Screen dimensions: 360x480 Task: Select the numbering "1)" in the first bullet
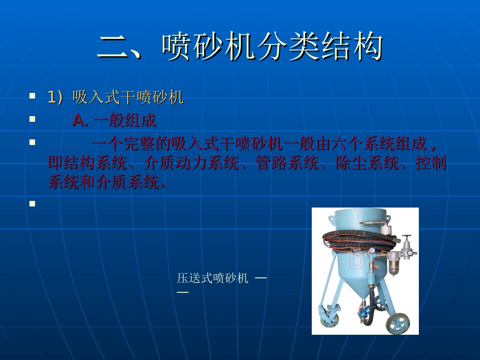56,97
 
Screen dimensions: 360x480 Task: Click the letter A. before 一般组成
80,121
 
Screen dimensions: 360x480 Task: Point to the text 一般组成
125,121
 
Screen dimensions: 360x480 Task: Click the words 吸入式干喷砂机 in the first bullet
128,97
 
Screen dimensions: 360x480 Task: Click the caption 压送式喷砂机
213,278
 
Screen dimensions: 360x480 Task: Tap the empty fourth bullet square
32,204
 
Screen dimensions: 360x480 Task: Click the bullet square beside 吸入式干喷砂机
32,95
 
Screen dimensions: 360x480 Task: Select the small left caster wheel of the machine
327,316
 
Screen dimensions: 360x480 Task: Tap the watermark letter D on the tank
357,261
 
